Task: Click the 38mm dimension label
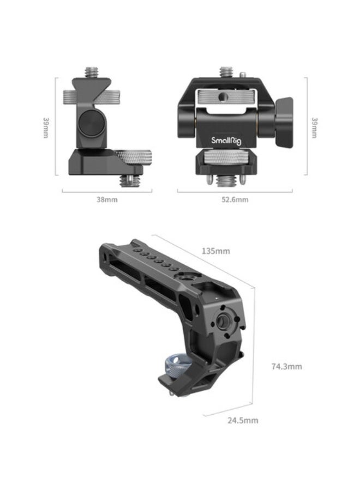tap(107, 199)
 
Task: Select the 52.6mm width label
tap(235, 199)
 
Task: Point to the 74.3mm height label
tap(286, 366)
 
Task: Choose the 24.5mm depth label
tap(243, 420)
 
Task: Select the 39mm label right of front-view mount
tap(314, 127)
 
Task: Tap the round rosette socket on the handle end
tap(223, 323)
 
